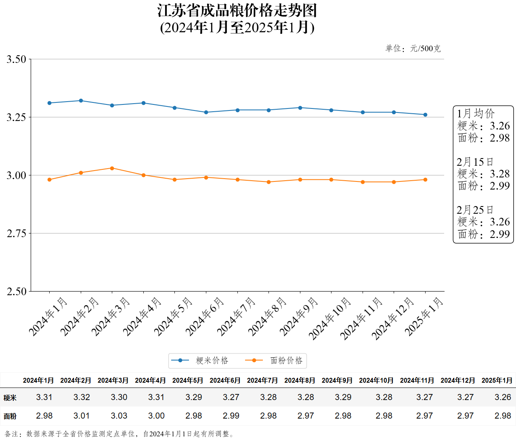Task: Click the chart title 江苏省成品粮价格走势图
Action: tap(237, 11)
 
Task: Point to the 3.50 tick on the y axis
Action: tap(16, 59)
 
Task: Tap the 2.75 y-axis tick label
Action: tap(16, 233)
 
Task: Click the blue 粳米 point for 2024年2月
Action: tap(81, 101)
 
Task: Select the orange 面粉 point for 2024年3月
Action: tap(112, 168)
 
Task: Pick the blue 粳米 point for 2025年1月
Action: tap(425, 115)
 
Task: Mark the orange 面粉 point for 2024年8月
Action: tap(269, 182)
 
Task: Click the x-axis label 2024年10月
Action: tap(329, 319)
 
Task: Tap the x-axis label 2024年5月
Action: tap(173, 317)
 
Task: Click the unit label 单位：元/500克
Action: tap(413, 49)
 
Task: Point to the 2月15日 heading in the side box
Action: tap(475, 162)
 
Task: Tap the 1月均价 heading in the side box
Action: tap(476, 113)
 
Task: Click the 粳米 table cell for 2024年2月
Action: tap(82, 397)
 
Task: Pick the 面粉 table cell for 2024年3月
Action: tap(119, 416)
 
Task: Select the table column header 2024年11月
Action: tap(417, 380)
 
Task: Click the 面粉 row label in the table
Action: tap(10, 416)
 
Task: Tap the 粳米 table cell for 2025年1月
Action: tap(503, 397)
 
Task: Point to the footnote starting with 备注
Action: tap(120, 434)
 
